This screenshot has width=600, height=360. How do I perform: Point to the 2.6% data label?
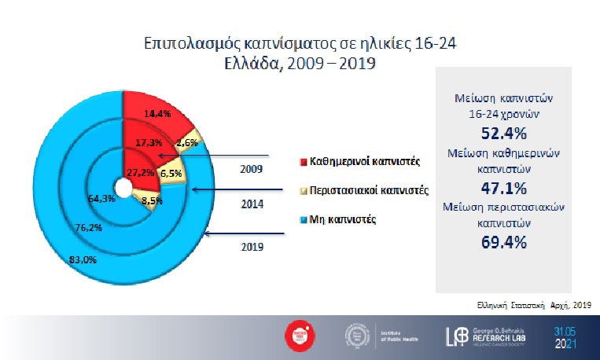(187, 143)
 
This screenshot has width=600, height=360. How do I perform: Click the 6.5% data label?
(172, 172)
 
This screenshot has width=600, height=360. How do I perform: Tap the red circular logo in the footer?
(296, 335)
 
